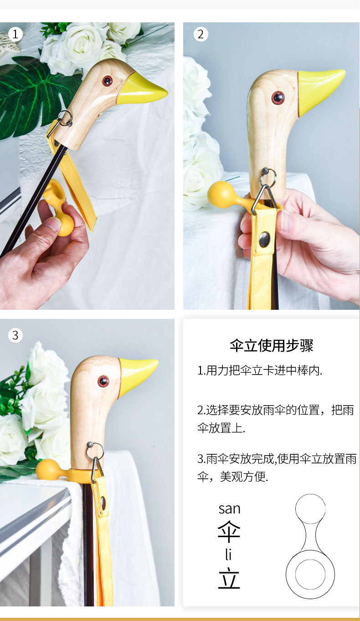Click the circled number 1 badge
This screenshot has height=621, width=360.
click(x=15, y=34)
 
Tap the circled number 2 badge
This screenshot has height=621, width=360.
click(x=201, y=34)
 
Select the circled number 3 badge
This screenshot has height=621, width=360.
click(x=15, y=335)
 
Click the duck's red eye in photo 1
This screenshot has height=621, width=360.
click(x=107, y=81)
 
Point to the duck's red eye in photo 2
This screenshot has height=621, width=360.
click(x=278, y=98)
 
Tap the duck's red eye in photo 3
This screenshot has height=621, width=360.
click(x=103, y=381)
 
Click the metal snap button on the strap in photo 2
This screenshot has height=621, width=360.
click(x=264, y=239)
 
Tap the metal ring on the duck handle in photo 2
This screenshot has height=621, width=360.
click(x=268, y=177)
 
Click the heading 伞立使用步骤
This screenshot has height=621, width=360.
click(x=272, y=346)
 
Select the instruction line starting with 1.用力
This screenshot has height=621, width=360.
click(x=260, y=371)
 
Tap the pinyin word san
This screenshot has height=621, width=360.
click(x=229, y=509)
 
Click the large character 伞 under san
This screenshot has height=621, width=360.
click(x=229, y=532)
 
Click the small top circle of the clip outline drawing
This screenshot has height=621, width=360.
click(x=310, y=509)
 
